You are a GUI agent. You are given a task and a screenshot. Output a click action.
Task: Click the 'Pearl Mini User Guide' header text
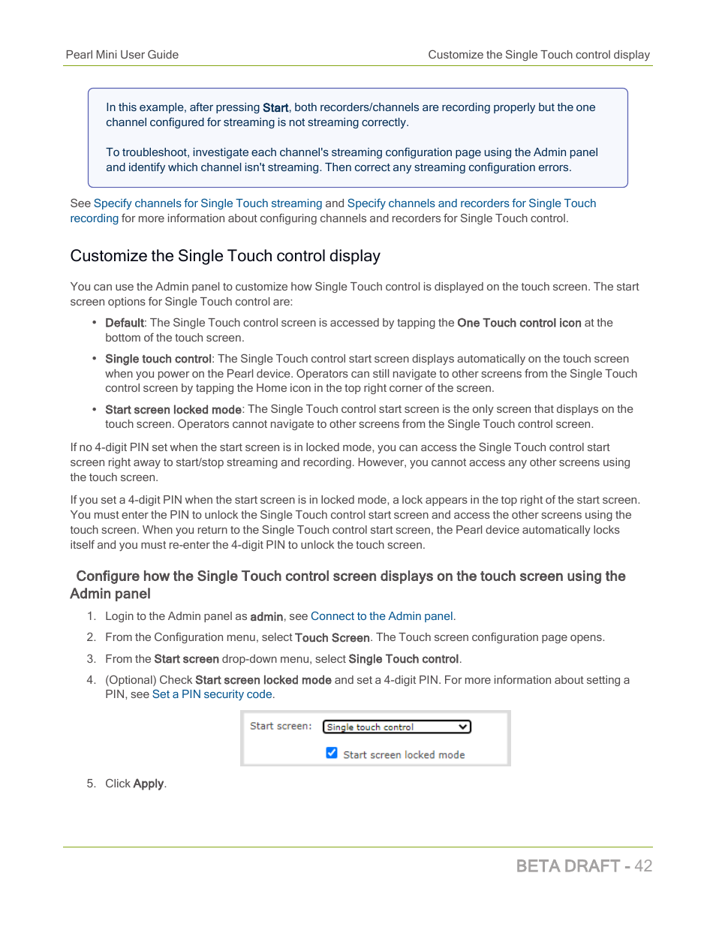(x=122, y=55)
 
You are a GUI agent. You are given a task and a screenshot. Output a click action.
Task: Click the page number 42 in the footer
(x=642, y=866)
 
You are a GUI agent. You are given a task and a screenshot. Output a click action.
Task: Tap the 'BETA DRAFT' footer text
(x=567, y=866)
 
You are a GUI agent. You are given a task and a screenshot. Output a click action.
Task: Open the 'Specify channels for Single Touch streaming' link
(x=207, y=203)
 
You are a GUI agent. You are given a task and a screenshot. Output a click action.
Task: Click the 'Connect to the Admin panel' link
(x=381, y=616)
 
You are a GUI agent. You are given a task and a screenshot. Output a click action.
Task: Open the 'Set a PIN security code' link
(x=212, y=694)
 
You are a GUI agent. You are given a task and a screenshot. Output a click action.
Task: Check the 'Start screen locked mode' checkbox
(x=332, y=753)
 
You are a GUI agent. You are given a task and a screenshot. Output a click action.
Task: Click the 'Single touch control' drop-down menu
(x=396, y=727)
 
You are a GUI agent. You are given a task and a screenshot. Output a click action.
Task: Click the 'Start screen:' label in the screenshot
(x=280, y=726)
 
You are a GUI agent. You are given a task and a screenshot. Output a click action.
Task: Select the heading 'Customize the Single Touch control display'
(x=225, y=256)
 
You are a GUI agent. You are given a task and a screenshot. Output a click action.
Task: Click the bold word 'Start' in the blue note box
(x=275, y=108)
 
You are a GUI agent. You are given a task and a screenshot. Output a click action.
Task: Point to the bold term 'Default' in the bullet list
(x=124, y=323)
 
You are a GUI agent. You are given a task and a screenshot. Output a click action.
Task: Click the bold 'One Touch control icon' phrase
(x=519, y=323)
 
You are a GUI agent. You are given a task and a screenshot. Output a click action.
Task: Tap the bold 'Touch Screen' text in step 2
(x=332, y=638)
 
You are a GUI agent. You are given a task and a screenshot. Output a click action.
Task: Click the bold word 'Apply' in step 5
(x=148, y=784)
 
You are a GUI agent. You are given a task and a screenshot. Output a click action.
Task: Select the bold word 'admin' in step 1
(x=266, y=617)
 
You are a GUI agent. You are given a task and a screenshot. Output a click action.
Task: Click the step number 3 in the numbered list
(x=91, y=659)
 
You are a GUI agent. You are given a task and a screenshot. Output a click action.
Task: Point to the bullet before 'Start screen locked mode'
(x=95, y=410)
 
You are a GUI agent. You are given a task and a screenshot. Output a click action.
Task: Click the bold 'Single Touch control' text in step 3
(x=403, y=659)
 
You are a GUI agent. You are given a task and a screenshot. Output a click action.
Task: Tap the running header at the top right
(x=538, y=55)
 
